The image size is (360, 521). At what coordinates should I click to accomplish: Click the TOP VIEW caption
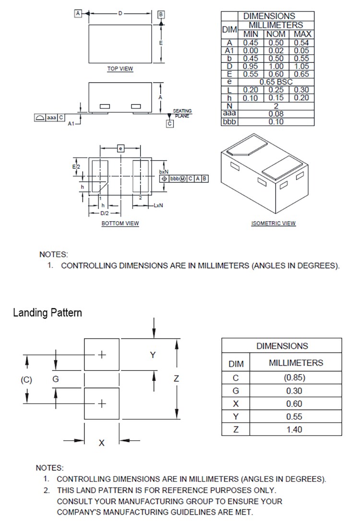pos(120,69)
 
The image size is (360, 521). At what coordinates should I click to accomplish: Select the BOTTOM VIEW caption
pos(120,223)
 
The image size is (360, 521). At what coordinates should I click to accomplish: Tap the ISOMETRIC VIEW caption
pos(274,223)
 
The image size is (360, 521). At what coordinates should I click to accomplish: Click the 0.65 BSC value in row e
pos(276,82)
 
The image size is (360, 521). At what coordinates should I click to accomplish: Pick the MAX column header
pos(302,34)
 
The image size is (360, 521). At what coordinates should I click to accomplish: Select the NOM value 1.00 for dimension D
pos(276,66)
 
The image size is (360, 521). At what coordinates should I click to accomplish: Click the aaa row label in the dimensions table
pos(229,114)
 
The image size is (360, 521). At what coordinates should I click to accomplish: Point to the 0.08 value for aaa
pos(276,114)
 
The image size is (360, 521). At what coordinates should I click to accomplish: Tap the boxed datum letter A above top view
pos(78,13)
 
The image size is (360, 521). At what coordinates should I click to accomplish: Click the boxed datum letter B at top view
pos(161,14)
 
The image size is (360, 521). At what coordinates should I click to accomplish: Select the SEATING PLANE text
pos(182,113)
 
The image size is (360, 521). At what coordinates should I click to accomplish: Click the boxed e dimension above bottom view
pos(120,149)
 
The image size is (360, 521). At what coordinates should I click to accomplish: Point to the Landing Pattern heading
pos(48,313)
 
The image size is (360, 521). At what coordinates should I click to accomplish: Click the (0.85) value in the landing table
pos(294,377)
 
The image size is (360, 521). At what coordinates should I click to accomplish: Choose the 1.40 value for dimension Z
pos(294,429)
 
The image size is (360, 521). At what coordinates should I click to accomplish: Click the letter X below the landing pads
pos(101,443)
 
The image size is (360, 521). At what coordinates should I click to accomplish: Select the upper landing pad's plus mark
pos(102,355)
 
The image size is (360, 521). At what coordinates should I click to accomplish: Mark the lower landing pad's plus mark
pos(102,403)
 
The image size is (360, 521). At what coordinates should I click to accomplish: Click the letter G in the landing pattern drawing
pos(56,379)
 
